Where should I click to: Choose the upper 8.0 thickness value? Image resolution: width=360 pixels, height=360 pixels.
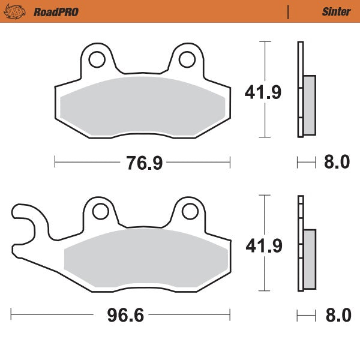click(337, 162)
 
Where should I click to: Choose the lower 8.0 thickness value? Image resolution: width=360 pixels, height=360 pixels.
click(337, 315)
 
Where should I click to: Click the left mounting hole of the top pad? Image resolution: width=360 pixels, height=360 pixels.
click(95, 59)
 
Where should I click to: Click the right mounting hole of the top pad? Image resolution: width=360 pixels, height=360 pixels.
click(187, 59)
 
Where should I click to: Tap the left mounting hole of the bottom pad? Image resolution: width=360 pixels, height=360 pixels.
click(99, 211)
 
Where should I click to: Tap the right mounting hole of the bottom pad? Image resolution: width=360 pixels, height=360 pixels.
click(190, 211)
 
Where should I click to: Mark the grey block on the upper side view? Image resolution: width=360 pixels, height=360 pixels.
click(309, 104)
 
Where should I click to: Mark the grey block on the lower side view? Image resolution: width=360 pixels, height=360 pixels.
click(309, 259)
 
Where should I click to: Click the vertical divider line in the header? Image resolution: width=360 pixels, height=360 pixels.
click(289, 11)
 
